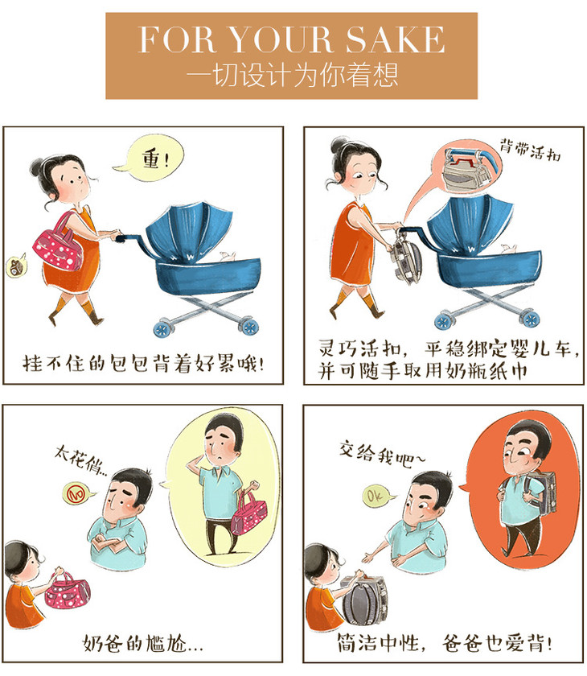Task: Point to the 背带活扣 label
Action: [530, 149]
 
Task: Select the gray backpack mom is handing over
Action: [363, 598]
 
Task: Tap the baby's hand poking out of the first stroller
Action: [228, 256]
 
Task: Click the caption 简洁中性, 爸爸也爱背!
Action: [444, 643]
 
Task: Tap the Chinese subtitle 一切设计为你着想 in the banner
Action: [292, 74]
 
